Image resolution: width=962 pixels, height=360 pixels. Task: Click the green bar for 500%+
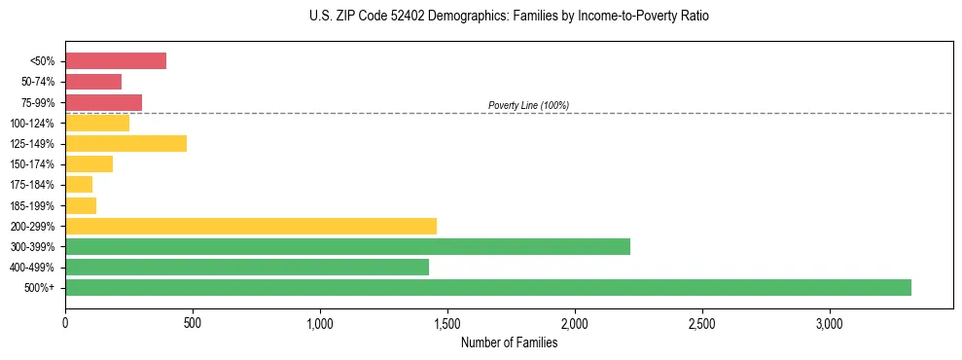(x=487, y=287)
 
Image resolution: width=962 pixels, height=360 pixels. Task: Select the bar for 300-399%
(x=347, y=246)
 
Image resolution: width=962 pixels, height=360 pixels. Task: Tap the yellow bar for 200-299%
(x=251, y=226)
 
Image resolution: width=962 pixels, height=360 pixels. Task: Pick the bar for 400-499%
(x=247, y=267)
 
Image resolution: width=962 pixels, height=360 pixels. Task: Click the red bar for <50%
(x=116, y=61)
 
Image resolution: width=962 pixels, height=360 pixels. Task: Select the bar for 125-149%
(x=125, y=144)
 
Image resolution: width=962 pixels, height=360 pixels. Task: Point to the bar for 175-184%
(x=79, y=185)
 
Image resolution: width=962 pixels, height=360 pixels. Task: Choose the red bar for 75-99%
(x=103, y=102)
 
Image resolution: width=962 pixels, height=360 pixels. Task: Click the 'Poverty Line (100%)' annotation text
(x=528, y=105)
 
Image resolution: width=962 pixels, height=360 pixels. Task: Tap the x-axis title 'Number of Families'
(x=509, y=342)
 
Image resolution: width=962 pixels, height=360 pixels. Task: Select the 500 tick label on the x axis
(x=193, y=323)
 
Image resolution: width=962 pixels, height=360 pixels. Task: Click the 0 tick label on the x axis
(x=65, y=323)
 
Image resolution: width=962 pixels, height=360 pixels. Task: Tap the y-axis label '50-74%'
(x=38, y=82)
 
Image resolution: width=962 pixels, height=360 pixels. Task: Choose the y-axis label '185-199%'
(x=34, y=205)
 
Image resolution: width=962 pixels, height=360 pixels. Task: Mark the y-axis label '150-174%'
(x=34, y=164)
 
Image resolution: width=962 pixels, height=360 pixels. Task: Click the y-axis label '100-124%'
(x=34, y=124)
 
